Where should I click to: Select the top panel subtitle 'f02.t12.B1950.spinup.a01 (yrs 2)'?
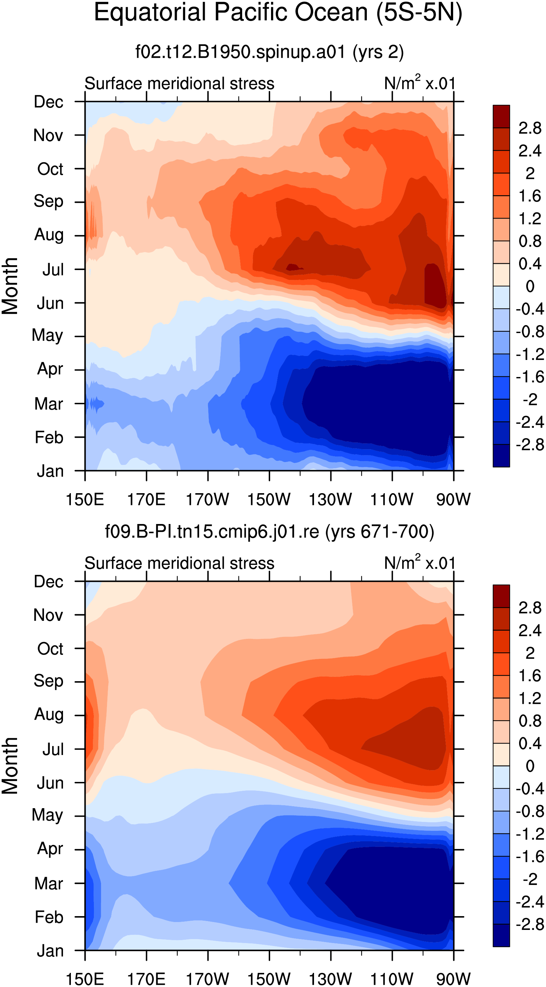269,52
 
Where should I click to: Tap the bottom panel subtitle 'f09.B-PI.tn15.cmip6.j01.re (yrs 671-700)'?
269,532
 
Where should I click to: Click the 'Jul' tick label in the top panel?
53,269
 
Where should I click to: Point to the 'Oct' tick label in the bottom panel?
50,648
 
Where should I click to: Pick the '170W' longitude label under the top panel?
207,500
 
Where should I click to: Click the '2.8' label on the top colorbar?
530,128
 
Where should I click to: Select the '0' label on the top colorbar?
530,286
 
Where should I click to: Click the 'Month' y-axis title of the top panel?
10,286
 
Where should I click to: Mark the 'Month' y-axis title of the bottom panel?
10,766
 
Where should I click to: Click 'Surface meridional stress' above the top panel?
179,84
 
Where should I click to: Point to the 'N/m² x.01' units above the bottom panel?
420,562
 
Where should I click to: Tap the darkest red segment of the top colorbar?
501,116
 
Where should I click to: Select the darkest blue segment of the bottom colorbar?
501,935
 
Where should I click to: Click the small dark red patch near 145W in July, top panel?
293,267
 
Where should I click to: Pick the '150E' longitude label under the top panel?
85,500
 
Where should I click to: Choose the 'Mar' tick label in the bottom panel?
49,883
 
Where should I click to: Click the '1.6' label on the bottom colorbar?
530,676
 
